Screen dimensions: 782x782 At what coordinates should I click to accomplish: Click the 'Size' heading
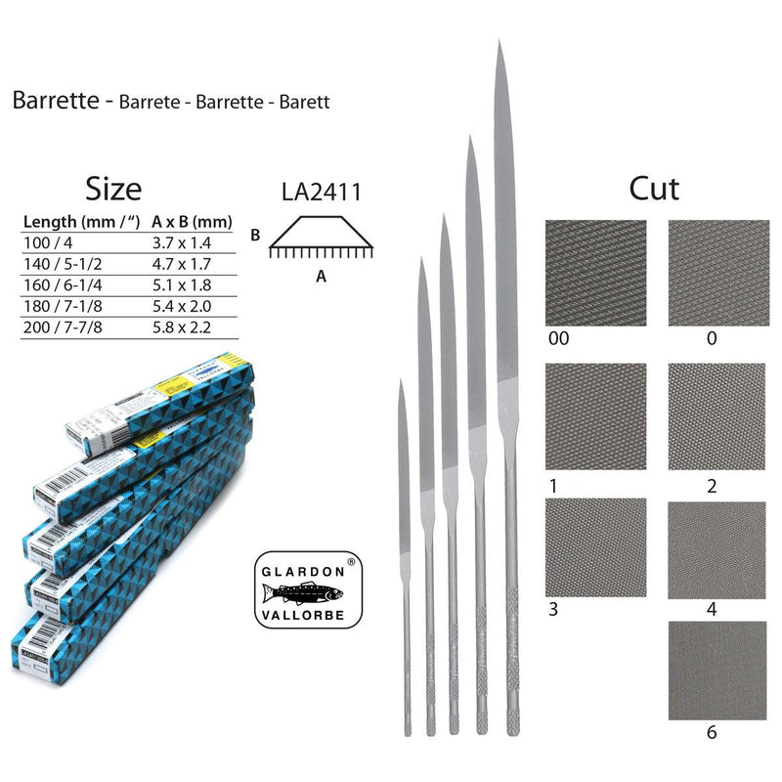point(113,188)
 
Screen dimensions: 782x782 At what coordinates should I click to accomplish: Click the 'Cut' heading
point(654,188)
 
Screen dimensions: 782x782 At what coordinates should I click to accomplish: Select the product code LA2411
point(321,192)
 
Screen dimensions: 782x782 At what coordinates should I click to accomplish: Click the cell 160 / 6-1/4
point(61,284)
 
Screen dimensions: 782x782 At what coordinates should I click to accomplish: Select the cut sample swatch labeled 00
point(594,273)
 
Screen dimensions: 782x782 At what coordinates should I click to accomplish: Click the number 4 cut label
point(712,609)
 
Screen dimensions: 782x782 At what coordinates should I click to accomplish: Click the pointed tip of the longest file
point(500,44)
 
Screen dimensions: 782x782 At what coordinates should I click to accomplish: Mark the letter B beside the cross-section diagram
point(254,235)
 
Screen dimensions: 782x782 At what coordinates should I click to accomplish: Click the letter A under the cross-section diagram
point(321,277)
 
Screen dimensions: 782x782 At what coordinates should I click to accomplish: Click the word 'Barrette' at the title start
point(55,102)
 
